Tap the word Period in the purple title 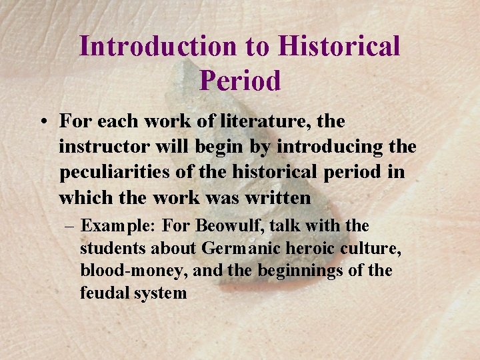(x=240, y=81)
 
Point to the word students (x=113, y=249)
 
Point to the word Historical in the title (x=339, y=47)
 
